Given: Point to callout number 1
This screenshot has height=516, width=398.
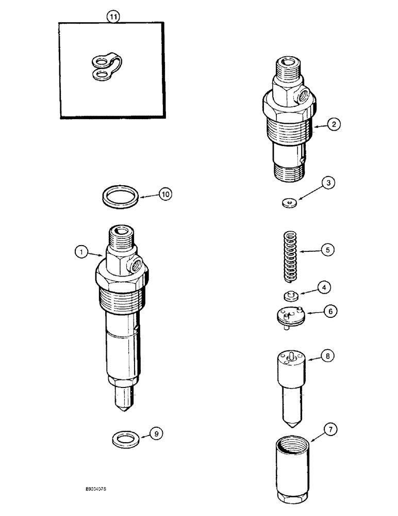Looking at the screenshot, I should point(80,252).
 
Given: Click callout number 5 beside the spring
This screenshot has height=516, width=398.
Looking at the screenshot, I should point(327,250).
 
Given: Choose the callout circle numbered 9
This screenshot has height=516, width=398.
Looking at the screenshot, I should point(156,434).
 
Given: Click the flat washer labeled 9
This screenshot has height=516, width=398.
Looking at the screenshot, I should point(123,440).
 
